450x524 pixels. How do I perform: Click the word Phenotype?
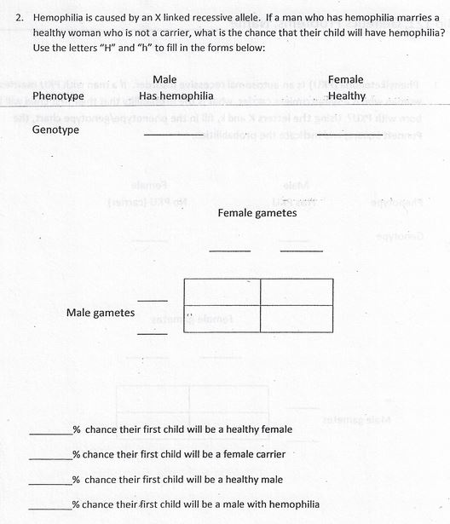pyautogui.click(x=58, y=96)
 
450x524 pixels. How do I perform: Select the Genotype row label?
pyautogui.click(x=55, y=130)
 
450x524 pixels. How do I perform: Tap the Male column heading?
pyautogui.click(x=164, y=79)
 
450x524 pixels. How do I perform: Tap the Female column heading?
pyautogui.click(x=346, y=79)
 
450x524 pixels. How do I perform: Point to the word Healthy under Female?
pyautogui.click(x=346, y=96)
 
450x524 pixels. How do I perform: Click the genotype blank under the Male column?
pyautogui.click(x=174, y=134)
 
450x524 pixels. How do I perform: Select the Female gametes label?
pyautogui.click(x=257, y=213)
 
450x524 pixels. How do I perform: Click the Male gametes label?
pyautogui.click(x=101, y=313)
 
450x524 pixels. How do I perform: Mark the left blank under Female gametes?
pyautogui.click(x=230, y=250)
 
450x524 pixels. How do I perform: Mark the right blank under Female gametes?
pyautogui.click(x=301, y=250)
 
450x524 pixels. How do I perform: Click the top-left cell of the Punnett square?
pyautogui.click(x=222, y=292)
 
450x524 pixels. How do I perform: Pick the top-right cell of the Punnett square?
pyautogui.click(x=296, y=292)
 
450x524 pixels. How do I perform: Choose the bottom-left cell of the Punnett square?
pyautogui.click(x=222, y=319)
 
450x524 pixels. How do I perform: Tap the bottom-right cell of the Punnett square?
pyautogui.click(x=296, y=319)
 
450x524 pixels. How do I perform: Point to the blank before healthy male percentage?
pyautogui.click(x=50, y=483)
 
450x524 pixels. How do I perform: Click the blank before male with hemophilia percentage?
pyautogui.click(x=50, y=508)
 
